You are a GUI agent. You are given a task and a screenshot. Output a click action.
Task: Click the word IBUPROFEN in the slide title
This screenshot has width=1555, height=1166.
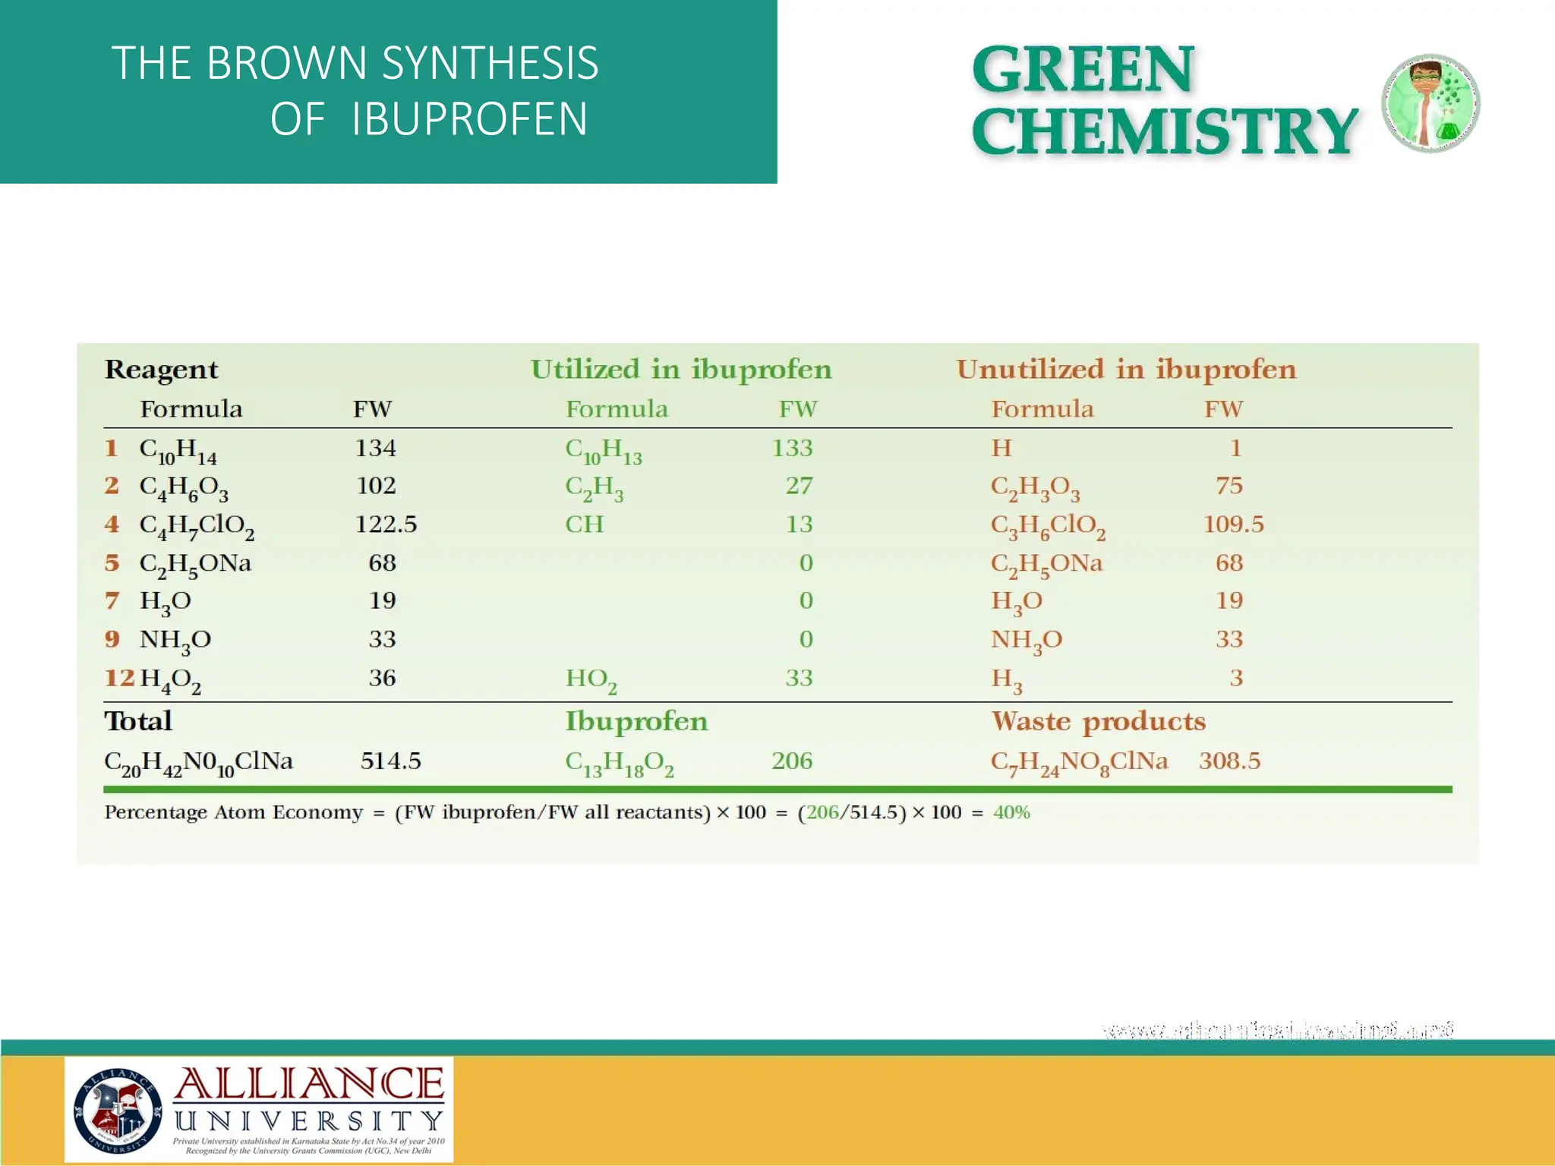point(469,119)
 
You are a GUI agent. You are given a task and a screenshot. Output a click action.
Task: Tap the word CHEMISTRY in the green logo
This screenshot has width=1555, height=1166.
point(1164,131)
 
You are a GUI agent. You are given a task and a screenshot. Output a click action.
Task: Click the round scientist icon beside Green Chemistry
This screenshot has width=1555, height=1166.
point(1430,103)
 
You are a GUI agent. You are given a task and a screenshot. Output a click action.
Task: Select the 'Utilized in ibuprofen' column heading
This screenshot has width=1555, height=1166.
point(681,370)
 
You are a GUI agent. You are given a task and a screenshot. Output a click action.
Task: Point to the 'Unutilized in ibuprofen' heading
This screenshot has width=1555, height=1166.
point(1126,370)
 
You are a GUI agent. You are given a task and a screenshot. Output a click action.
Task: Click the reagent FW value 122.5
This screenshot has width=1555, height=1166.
point(386,525)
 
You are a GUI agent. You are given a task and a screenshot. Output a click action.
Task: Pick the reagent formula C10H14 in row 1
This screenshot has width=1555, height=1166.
point(178,450)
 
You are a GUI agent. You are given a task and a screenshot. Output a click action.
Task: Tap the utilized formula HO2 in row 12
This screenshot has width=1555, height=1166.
point(591,679)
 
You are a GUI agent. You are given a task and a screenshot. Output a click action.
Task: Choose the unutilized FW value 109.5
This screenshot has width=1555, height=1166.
point(1233,525)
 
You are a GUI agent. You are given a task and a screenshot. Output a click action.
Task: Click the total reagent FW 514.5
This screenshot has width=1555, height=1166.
point(390,761)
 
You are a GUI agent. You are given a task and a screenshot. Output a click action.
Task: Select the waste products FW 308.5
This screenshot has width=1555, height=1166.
point(1229,761)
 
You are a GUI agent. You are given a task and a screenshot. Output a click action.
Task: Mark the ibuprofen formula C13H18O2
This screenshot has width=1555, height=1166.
point(619,763)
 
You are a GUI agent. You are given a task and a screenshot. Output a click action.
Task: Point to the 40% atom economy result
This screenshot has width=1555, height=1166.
point(1011,812)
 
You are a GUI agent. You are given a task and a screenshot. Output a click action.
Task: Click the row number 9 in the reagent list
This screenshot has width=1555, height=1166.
point(112,639)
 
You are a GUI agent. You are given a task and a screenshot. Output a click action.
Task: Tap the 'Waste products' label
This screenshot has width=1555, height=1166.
point(1098,721)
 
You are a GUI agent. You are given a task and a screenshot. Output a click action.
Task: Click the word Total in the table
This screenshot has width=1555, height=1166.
point(138,721)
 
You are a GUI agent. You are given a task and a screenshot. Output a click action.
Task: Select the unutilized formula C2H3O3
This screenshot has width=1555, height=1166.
point(1035,487)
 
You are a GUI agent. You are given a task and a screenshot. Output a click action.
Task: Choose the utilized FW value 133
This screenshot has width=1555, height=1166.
point(792,448)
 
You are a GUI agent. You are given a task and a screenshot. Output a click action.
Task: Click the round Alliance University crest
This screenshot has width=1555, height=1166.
point(118,1110)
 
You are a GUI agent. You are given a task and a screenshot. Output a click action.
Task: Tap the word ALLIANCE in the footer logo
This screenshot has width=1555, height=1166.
point(309,1084)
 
